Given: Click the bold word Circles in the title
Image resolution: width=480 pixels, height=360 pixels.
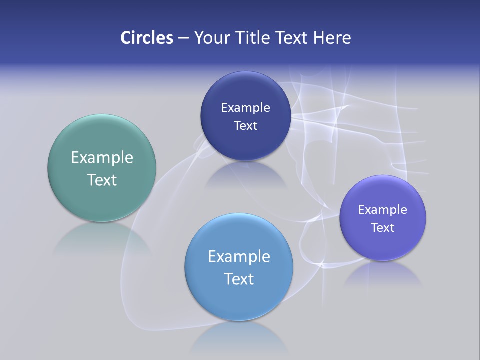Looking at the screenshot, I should (146, 37).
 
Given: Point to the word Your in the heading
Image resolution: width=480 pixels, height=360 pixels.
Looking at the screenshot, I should (211, 37).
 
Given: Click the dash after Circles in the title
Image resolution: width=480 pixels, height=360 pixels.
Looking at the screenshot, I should (183, 38).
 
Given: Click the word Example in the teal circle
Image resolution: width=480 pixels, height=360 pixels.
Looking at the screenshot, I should (102, 157).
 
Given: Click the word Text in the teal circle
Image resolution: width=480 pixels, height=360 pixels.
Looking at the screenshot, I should (102, 180).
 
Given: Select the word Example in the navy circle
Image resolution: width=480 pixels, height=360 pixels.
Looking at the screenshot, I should (245, 107).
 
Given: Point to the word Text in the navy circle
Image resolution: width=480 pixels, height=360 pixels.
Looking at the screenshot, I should (245, 125).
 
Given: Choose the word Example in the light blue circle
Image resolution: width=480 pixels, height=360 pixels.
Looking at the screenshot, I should (239, 256).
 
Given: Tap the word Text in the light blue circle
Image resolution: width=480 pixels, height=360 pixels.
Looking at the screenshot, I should (239, 279).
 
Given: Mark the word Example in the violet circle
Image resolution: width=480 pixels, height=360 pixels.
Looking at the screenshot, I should (383, 209).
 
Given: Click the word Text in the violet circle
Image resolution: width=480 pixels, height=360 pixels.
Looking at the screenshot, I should (383, 227).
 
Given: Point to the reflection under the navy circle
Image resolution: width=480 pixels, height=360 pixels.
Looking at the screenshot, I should (245, 175).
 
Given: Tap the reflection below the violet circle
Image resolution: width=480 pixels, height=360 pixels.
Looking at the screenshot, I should (383, 275).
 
